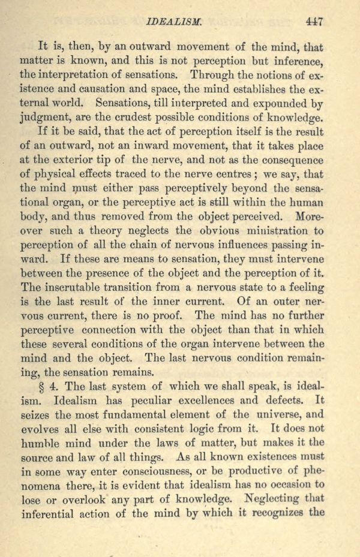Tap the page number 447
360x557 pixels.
click(314, 22)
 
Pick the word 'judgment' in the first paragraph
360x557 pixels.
click(44, 118)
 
